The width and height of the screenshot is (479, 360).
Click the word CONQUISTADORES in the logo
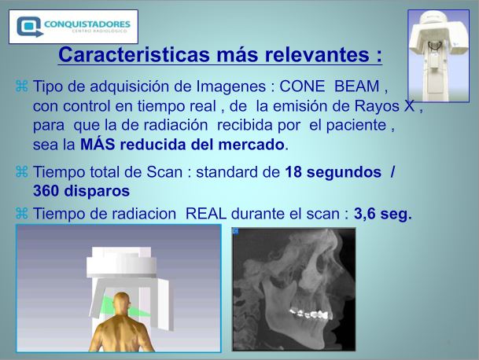coord(87,24)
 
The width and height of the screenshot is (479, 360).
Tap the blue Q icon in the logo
coord(29,27)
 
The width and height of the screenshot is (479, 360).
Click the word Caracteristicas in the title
coord(134,54)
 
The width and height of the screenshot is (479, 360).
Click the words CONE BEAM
coord(330,86)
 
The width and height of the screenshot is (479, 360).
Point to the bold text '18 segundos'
coord(333,172)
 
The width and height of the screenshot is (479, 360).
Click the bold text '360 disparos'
coord(81,191)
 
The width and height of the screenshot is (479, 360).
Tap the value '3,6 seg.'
coord(383,214)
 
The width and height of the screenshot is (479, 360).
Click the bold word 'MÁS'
coord(98,144)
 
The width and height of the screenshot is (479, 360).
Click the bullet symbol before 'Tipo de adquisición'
coord(22,86)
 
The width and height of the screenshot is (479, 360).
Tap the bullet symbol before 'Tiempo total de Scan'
coord(22,172)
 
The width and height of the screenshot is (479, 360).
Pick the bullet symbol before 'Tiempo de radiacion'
coord(22,213)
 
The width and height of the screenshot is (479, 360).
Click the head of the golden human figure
coord(122,304)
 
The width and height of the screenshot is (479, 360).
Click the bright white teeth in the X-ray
coord(309,314)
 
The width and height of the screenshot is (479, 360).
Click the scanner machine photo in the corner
coord(438,56)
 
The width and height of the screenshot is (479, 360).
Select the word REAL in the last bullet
coord(206,214)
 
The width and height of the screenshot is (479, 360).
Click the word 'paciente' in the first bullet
coord(356,126)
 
